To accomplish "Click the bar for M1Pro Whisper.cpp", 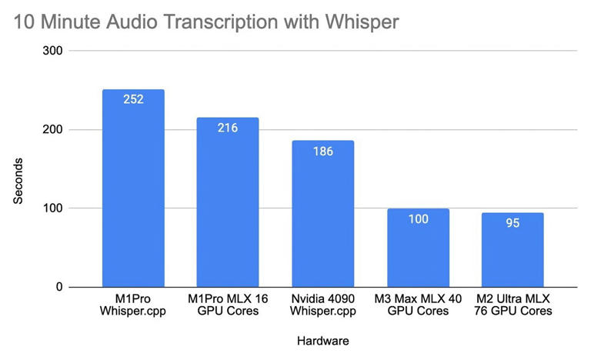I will [x=133, y=188].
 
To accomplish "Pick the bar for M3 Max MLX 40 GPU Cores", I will [x=418, y=248].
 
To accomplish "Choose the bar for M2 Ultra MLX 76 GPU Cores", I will [x=513, y=250].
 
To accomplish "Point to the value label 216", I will [x=228, y=127].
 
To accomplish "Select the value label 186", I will [x=322, y=151].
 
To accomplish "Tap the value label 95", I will [x=513, y=222].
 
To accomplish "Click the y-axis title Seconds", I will [x=18, y=182].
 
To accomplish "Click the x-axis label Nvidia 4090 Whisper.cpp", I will [x=322, y=304].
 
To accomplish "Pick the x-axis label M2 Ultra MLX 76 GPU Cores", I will [x=513, y=304].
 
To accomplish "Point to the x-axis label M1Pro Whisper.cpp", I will [x=133, y=304].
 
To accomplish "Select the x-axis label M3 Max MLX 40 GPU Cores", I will [x=418, y=304].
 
